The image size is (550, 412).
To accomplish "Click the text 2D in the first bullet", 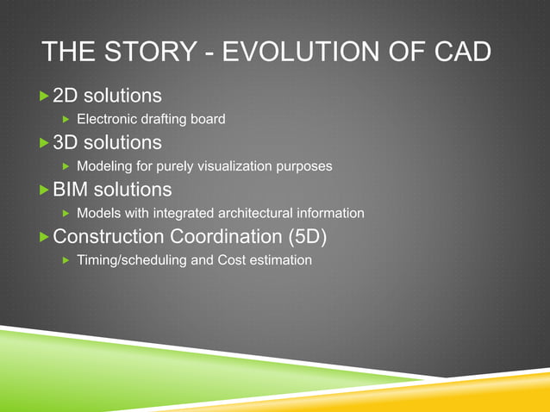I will [66, 94].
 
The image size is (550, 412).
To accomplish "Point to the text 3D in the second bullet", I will [66, 141].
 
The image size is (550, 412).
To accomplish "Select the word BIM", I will [71, 189].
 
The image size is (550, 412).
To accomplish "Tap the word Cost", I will [233, 259].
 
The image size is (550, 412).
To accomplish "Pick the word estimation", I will [281, 259].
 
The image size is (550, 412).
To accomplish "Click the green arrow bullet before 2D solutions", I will [45, 94].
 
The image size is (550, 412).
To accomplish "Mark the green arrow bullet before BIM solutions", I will [45, 189].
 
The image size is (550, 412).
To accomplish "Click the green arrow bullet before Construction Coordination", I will [45, 236].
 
